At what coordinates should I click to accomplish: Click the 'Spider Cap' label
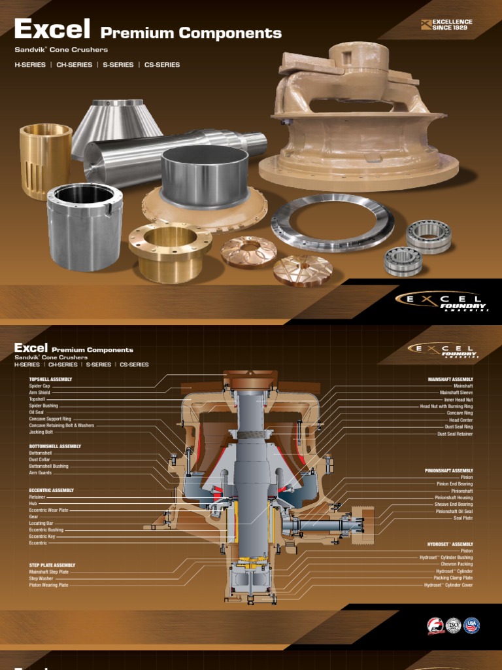point(39,386)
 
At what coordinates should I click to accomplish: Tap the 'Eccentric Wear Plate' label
point(48,510)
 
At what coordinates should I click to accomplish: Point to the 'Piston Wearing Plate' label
point(48,585)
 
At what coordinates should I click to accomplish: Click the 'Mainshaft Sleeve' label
point(456,393)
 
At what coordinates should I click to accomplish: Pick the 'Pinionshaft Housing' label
point(454,498)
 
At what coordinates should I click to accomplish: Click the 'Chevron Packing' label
point(456,564)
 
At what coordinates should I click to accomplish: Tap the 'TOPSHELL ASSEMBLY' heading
point(50,379)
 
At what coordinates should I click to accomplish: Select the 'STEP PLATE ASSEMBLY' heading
point(52,565)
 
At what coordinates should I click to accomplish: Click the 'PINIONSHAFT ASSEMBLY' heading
point(448,470)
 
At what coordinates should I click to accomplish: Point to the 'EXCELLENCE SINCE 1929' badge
point(447,25)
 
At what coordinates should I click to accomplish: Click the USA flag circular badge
point(471,626)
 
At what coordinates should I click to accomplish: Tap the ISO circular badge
point(454,626)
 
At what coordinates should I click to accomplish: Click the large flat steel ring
point(332,223)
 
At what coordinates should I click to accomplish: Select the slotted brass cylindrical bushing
point(45,160)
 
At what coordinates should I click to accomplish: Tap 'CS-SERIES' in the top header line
point(162,65)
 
